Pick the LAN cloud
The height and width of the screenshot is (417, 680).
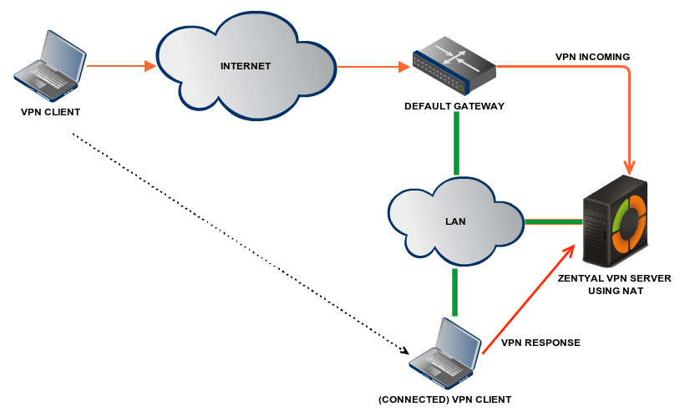point(455,222)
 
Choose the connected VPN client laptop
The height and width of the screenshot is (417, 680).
point(446,348)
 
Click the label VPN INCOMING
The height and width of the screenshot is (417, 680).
point(592,57)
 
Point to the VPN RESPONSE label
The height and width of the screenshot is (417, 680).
point(540,343)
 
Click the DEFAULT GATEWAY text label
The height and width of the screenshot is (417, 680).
point(454,106)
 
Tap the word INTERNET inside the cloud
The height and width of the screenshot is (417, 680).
point(246,65)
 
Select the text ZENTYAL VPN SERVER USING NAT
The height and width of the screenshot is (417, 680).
point(614,284)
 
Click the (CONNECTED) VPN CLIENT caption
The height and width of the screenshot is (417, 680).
point(444,399)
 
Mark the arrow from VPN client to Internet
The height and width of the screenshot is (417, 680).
point(121,65)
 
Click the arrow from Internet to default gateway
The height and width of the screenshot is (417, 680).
point(368,66)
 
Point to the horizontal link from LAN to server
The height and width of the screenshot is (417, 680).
point(553,222)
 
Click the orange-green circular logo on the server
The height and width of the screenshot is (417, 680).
point(630,224)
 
